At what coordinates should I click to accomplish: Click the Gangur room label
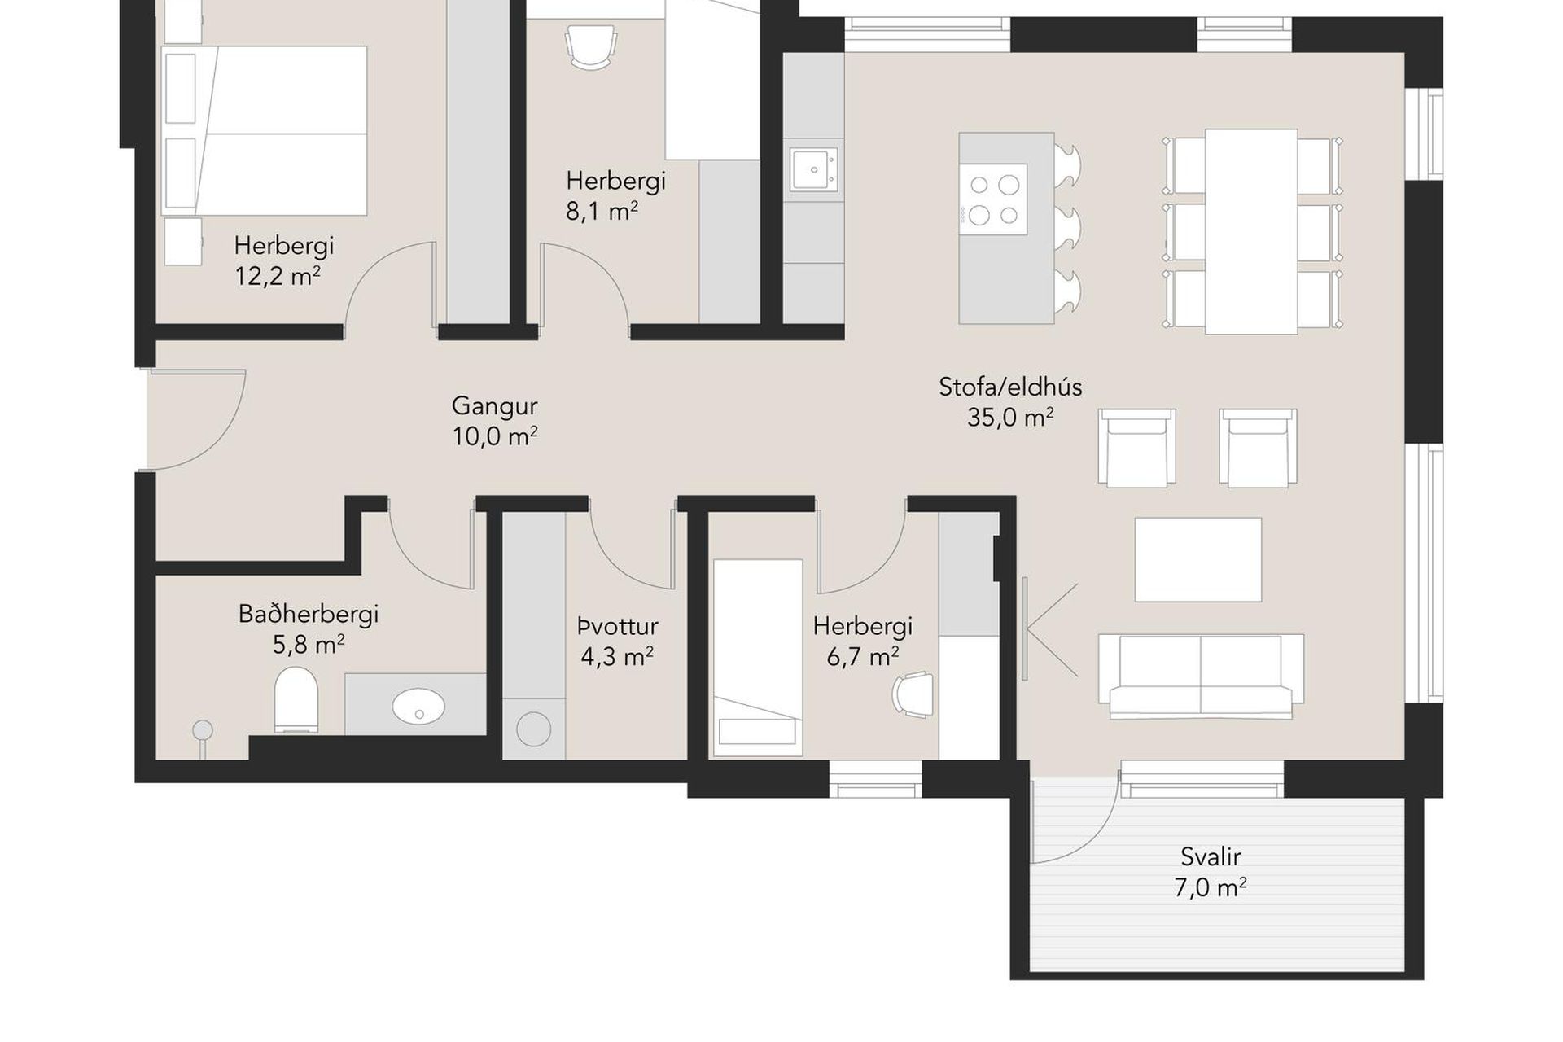coord(494,405)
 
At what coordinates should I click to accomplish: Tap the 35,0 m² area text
coord(1010,418)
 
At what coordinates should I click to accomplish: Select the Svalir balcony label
coord(1211,856)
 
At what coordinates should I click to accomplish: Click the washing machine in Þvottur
coord(533,729)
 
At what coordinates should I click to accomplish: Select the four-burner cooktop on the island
coord(993,199)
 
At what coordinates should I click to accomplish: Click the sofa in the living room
coord(1201,676)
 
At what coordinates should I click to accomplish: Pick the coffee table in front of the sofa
coord(1198,559)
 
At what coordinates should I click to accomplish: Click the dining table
coord(1251,231)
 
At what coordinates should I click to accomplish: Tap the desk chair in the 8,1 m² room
coord(589,46)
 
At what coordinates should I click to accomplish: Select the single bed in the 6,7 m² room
coord(758,658)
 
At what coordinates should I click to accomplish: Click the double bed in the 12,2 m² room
coord(265,130)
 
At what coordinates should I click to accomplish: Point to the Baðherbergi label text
coord(309,614)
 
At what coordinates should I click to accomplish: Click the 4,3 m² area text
coord(617,656)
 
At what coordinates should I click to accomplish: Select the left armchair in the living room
coord(1136,448)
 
